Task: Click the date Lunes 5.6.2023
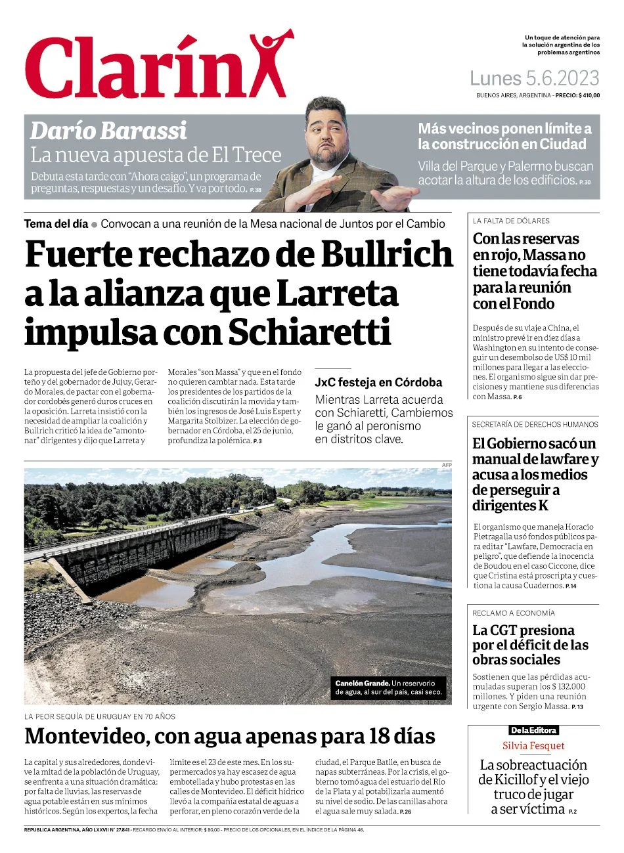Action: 534,79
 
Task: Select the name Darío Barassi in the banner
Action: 108,131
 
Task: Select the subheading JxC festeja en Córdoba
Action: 378,382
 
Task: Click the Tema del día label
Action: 56,224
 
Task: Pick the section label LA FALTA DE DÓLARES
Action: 511,221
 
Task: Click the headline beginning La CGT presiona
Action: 524,630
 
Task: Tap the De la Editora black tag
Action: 533,730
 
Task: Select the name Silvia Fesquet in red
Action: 533,746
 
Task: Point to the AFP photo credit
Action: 447,465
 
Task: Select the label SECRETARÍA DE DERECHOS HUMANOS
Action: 535,425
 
